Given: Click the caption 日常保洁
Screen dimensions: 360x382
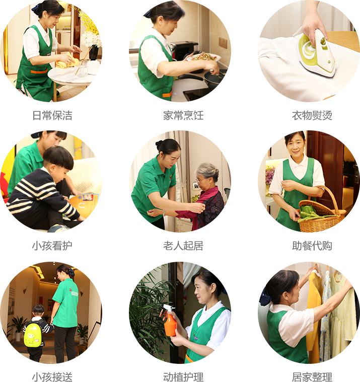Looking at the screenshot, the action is (52, 115).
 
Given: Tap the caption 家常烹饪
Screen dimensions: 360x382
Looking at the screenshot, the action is (183, 115).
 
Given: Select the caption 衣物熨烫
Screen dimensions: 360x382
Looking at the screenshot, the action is (312, 115).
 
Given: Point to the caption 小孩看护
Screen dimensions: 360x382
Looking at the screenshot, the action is (52, 246).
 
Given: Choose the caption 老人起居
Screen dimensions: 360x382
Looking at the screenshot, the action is (183, 246).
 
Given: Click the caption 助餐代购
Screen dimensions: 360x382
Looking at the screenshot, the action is (312, 246).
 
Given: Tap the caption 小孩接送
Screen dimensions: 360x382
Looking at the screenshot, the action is (52, 376).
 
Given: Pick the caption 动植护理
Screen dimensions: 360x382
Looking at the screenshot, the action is (183, 376).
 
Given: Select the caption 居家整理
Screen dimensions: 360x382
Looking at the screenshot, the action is (312, 376).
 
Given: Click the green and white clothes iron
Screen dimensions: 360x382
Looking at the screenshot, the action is (317, 53).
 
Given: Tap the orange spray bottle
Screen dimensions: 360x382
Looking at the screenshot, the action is (170, 321).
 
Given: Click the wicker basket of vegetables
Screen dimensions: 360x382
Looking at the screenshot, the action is (322, 212).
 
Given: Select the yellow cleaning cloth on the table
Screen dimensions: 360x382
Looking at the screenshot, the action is (66, 61).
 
